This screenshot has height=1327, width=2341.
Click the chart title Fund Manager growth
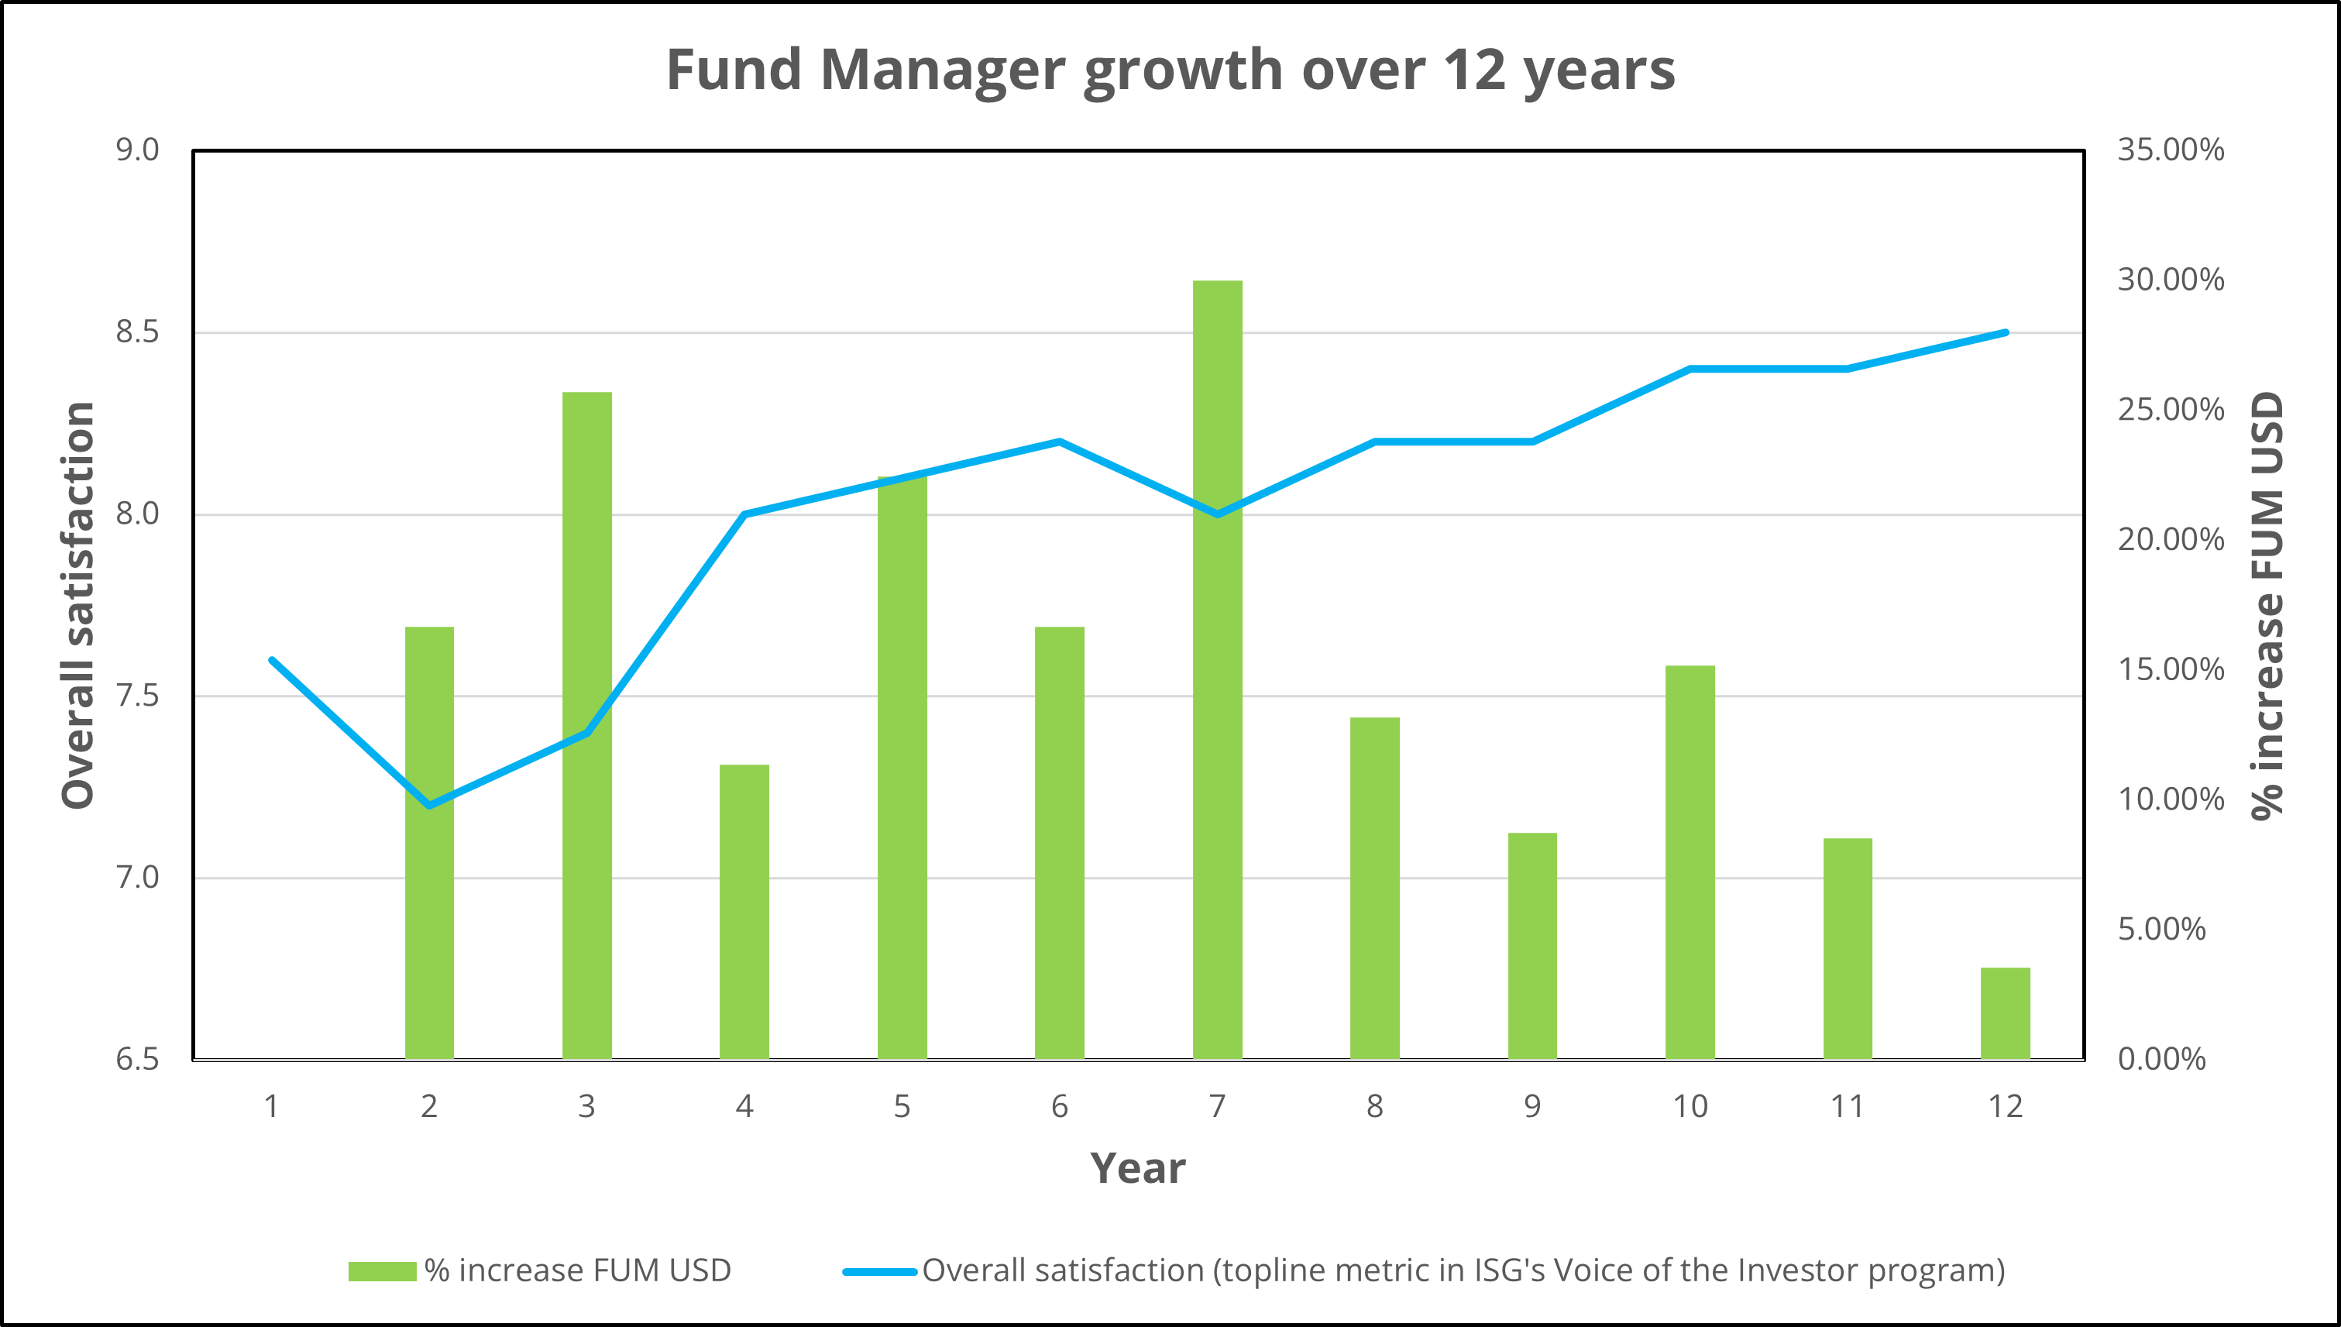1170,70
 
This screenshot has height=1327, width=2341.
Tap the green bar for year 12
2005,1012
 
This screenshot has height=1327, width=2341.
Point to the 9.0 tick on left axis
136,150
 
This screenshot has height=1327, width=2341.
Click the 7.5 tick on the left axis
136,696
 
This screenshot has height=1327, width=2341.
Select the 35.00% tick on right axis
2170,150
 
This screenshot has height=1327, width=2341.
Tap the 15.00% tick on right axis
2170,670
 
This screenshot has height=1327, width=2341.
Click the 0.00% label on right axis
2161,1059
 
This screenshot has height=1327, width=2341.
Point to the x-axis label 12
2005,1106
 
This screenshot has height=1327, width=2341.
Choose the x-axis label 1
272,1106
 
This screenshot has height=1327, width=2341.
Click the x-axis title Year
1137,1168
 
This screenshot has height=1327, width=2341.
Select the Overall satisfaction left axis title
78,605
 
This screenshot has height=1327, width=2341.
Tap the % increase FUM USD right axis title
2267,605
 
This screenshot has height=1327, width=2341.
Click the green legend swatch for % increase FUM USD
382,1271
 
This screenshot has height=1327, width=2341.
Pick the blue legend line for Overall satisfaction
879,1271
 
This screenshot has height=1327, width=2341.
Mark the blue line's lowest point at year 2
429,806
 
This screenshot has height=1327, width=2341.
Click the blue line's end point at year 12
2006,332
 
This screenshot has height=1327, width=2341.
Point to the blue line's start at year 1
272,660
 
